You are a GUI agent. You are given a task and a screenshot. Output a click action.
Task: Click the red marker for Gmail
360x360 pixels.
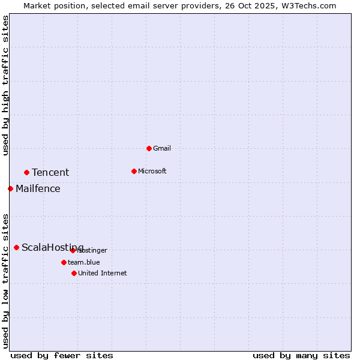click(x=149, y=148)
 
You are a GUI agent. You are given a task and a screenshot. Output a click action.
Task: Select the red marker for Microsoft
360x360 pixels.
click(x=134, y=171)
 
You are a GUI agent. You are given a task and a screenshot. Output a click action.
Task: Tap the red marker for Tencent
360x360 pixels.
click(x=26, y=172)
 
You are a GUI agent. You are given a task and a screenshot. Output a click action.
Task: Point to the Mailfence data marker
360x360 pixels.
click(x=10, y=188)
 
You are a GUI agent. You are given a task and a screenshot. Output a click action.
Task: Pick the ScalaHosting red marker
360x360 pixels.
click(x=16, y=247)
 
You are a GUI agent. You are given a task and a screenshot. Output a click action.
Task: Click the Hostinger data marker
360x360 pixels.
click(x=73, y=250)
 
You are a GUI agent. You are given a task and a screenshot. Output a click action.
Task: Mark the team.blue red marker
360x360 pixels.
click(x=64, y=262)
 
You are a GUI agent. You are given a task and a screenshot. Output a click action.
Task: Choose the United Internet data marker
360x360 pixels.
click(x=74, y=273)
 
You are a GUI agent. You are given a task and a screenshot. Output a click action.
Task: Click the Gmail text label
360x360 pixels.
click(x=162, y=148)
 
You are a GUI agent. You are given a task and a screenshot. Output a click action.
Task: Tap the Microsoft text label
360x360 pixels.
click(x=152, y=171)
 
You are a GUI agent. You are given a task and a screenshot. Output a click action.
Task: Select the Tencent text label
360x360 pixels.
click(x=50, y=173)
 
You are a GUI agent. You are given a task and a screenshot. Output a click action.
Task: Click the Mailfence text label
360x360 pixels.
click(x=38, y=189)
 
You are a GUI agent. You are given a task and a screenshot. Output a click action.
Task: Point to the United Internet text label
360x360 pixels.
click(x=103, y=273)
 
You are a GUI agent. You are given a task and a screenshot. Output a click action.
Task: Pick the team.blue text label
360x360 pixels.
click(x=84, y=262)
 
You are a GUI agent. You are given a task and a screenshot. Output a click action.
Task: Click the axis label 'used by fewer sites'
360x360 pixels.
click(x=62, y=355)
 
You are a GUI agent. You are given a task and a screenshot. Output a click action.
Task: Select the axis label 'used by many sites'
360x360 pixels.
click(x=301, y=355)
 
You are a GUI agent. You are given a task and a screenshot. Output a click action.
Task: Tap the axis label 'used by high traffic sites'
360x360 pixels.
click(x=5, y=85)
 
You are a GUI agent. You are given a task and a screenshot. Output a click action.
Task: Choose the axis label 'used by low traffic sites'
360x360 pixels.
click(x=5, y=280)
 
